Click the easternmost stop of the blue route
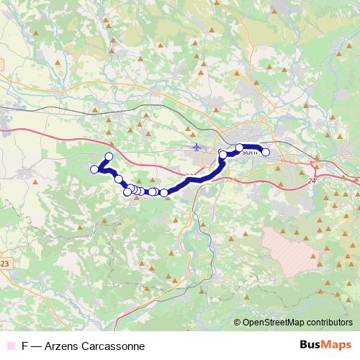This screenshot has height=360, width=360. [265, 152]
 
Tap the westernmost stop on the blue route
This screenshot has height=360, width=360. [94, 169]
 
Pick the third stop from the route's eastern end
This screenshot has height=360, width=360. [222, 155]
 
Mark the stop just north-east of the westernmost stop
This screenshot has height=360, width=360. [109, 157]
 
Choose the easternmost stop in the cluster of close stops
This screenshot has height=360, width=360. [164, 192]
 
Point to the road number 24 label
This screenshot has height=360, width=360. [311, 181]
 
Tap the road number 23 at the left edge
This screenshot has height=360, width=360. [4, 264]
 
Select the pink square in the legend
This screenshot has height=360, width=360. [9, 346]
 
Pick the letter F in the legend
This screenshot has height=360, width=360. [25, 346]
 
